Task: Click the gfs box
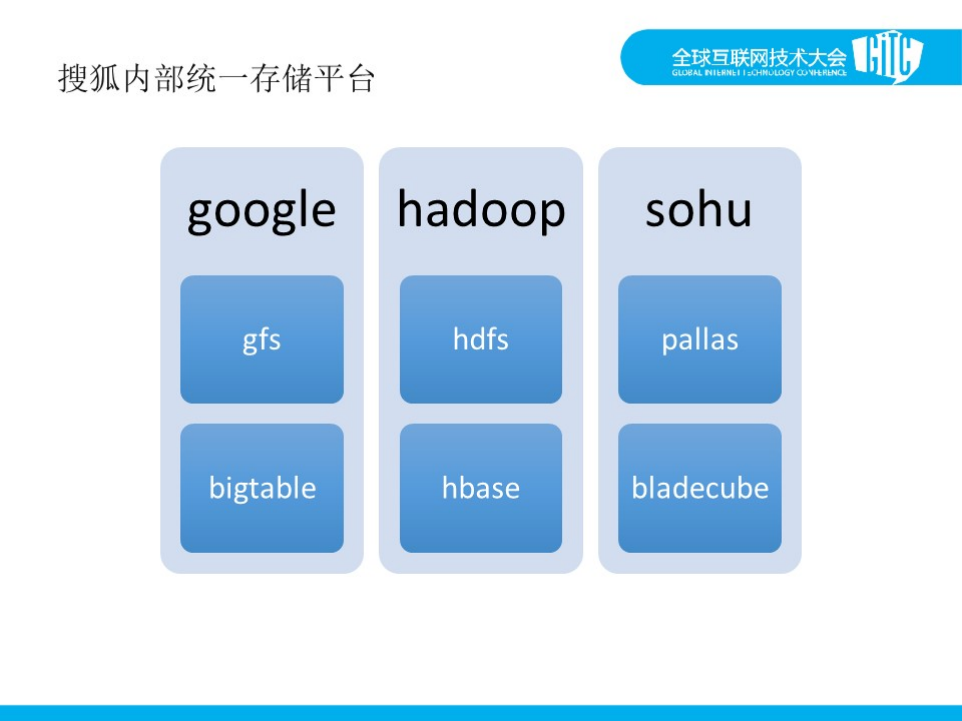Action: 262,339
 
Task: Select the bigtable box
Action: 262,488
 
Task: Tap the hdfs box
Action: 481,339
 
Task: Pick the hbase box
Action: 481,488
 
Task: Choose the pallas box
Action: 700,339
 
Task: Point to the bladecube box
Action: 700,488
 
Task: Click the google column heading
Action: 261,210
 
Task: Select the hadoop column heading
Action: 481,210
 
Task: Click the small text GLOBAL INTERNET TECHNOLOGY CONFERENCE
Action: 759,73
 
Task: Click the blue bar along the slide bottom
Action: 481,712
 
